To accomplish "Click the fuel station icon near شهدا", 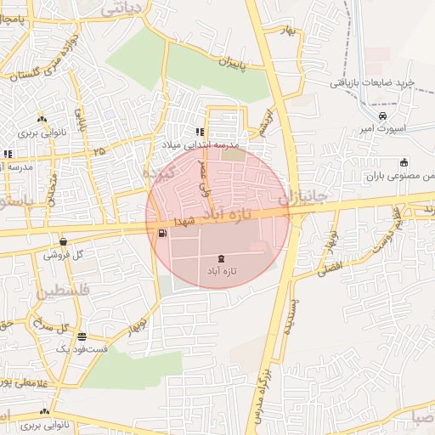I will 161,233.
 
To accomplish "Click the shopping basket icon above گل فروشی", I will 64,241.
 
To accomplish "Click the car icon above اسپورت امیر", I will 383,116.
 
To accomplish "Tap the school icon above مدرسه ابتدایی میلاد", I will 201,132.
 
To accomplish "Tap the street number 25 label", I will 100,152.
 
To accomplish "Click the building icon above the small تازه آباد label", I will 222,258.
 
